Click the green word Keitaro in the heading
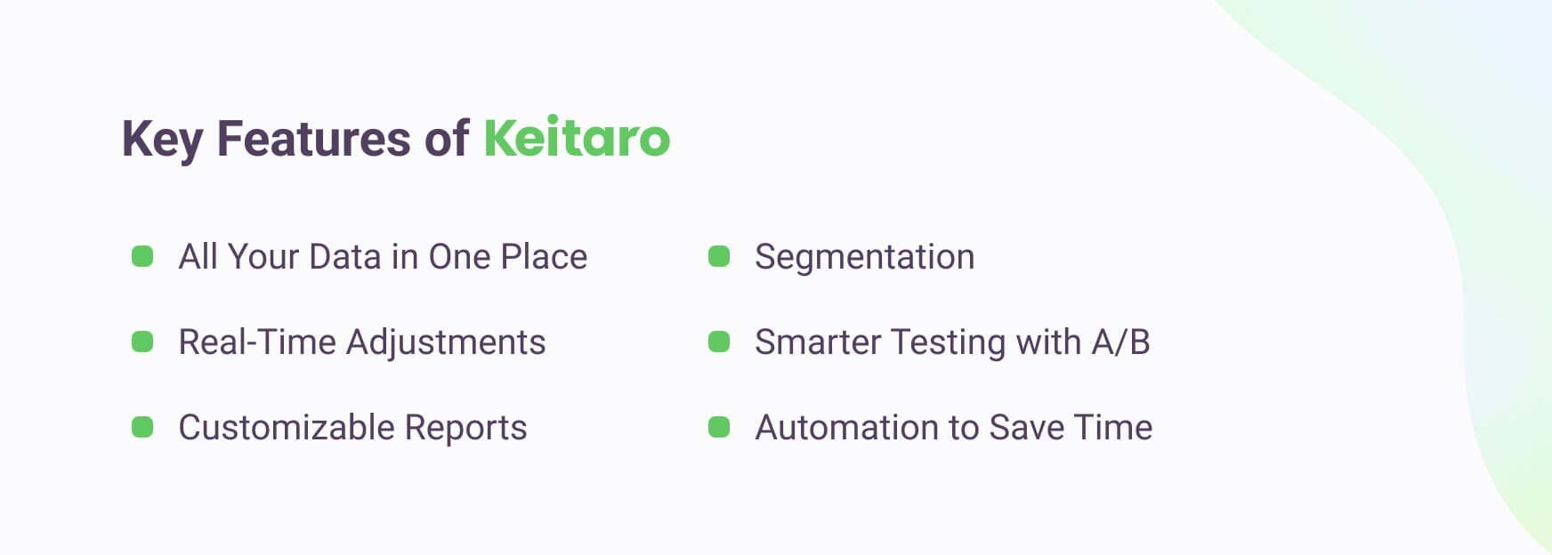(576, 138)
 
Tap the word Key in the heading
(162, 140)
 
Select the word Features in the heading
(313, 138)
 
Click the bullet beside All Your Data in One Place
(142, 257)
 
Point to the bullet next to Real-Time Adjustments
(142, 342)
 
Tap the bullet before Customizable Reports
(142, 428)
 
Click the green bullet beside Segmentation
(719, 257)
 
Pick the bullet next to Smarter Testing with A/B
(719, 342)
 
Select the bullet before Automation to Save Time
(719, 428)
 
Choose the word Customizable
(286, 428)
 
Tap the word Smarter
(817, 342)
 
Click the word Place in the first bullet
(543, 257)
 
